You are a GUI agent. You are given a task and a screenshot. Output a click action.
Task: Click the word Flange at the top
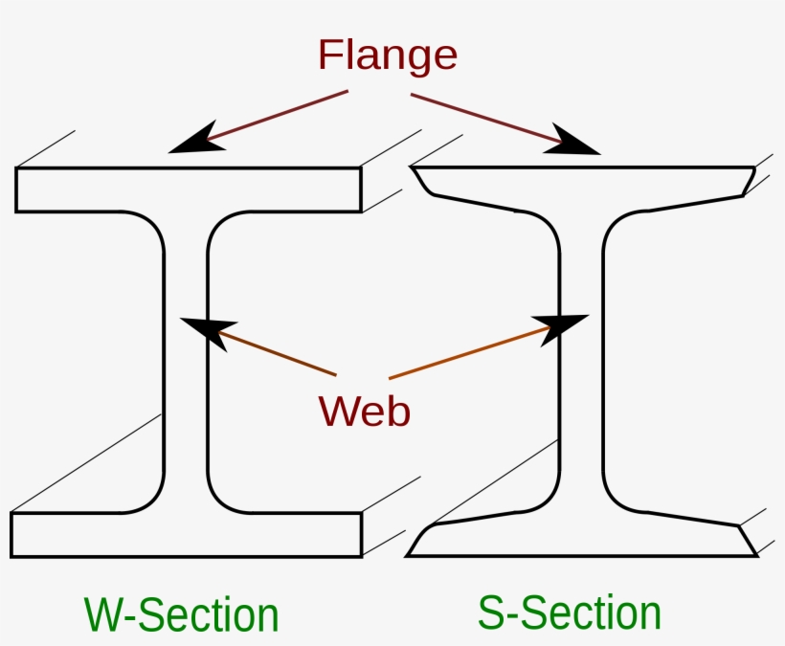pos(388,56)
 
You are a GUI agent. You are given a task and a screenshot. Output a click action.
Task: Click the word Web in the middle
pos(365,411)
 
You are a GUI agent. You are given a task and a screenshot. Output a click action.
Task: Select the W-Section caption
pos(182,614)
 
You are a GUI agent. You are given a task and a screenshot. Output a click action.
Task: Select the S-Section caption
pos(570,613)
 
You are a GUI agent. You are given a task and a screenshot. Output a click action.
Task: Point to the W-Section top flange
pos(188,189)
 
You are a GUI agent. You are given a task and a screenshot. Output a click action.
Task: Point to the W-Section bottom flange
pos(187,534)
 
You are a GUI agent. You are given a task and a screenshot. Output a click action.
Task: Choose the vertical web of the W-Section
pos(187,364)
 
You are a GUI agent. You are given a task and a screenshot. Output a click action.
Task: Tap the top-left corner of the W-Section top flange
pos(16,169)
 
